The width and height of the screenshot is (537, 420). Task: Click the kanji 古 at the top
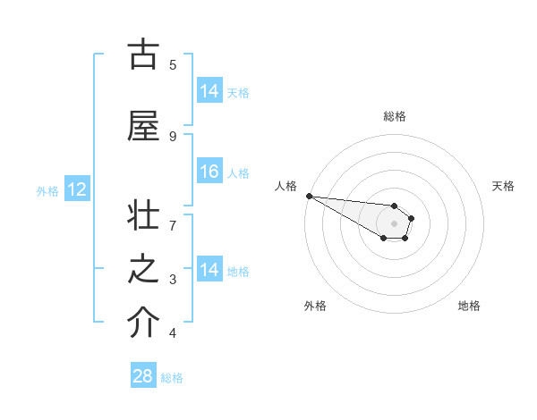143,55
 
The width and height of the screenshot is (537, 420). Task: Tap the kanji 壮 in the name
143,219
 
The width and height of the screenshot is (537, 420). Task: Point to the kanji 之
143,272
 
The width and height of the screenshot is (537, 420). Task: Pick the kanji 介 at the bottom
143,323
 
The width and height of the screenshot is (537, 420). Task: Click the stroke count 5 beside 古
173,64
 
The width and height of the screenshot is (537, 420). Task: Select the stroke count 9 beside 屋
173,136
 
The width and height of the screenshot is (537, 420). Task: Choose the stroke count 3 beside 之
173,280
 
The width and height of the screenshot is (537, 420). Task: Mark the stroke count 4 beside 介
173,333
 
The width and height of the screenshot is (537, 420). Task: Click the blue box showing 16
209,172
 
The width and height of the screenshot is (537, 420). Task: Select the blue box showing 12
76,189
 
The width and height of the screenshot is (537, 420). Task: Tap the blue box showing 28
143,376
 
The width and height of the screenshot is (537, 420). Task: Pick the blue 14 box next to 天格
209,91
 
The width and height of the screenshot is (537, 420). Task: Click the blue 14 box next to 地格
209,270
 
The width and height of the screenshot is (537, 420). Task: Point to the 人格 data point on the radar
308,196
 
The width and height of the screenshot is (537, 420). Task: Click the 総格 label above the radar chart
394,116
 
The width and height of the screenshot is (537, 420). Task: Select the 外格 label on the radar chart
315,306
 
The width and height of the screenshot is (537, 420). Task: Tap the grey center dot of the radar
394,223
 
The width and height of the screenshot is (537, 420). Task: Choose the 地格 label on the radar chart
469,306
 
